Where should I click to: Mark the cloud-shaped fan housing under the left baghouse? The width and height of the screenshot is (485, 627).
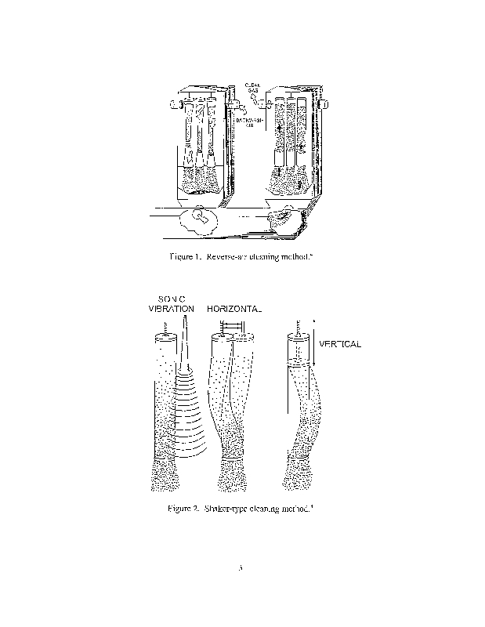pyautogui.click(x=199, y=220)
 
